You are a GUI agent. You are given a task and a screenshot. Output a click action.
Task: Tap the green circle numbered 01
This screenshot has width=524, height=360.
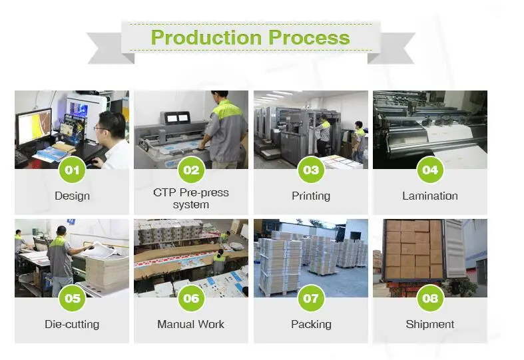coord(72,170)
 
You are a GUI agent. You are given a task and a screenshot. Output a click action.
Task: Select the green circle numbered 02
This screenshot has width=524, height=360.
coord(191,170)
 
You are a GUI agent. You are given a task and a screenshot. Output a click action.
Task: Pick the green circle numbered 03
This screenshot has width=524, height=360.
coord(311,170)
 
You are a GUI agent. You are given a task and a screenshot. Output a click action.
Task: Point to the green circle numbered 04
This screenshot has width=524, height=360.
coord(430,170)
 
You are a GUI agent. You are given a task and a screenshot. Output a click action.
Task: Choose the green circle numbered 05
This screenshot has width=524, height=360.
coord(72,298)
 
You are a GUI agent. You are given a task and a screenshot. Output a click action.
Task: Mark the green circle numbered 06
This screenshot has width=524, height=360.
coord(191,298)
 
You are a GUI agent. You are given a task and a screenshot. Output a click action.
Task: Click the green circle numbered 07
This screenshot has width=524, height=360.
coord(311,298)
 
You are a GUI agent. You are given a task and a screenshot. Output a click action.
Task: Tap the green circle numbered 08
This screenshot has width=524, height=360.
coord(430,298)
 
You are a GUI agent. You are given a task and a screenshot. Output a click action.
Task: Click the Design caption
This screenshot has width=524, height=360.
coord(72,196)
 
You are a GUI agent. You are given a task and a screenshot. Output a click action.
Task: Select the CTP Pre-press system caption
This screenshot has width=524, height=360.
coord(191,198)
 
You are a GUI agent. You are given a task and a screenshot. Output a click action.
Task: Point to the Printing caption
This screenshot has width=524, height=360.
coord(311,196)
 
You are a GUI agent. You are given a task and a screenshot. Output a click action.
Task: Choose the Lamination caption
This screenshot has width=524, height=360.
coord(430,196)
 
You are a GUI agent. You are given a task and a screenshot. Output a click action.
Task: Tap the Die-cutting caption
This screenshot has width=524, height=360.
coord(72,325)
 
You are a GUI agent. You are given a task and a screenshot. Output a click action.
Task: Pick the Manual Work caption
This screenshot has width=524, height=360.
coord(191,325)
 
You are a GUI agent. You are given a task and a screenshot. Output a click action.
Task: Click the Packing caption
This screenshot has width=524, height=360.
coord(311,325)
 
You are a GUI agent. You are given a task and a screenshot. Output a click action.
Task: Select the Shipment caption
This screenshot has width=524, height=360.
coord(430,325)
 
